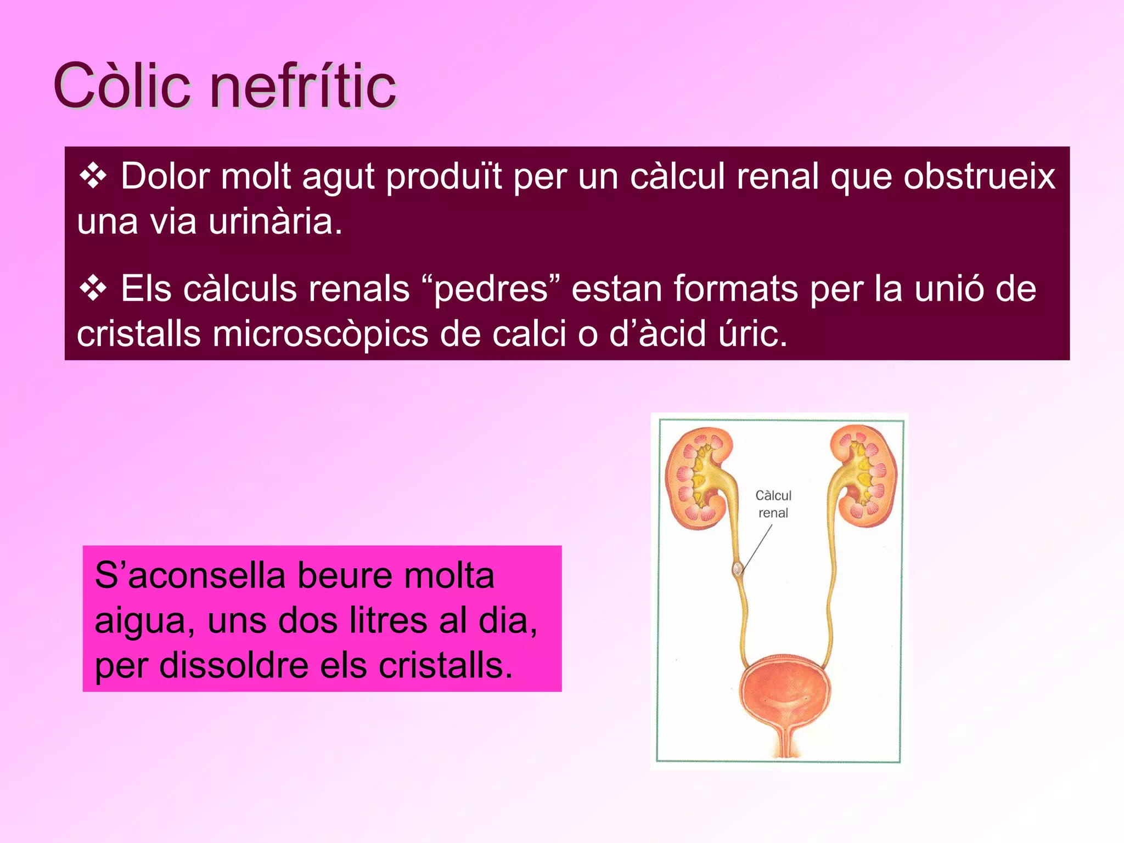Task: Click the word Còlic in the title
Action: tap(122, 86)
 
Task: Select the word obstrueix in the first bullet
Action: tap(979, 177)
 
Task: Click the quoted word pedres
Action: tap(491, 289)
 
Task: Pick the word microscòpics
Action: tap(320, 334)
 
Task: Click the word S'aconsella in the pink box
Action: tap(190, 576)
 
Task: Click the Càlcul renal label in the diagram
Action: tap(773, 504)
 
